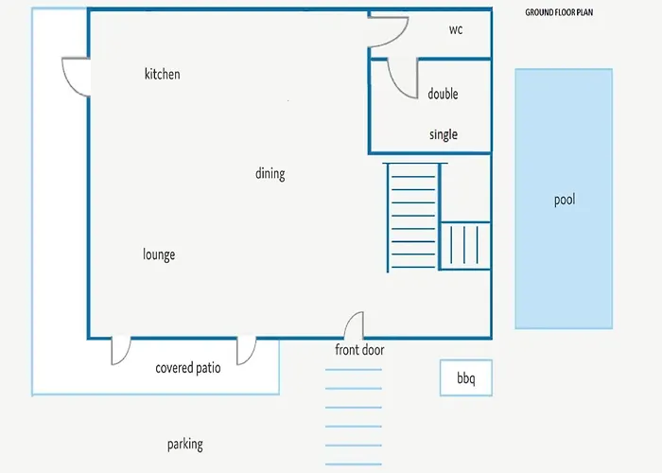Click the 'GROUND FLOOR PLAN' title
pyautogui.click(x=559, y=12)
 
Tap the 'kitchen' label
pyautogui.click(x=162, y=74)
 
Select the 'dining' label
pyautogui.click(x=270, y=173)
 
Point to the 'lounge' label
pyautogui.click(x=159, y=254)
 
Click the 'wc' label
pyautogui.click(x=456, y=29)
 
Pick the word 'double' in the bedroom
pyautogui.click(x=443, y=94)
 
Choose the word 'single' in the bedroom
pyautogui.click(x=444, y=134)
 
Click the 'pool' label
pyautogui.click(x=565, y=200)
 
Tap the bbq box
pyautogui.click(x=466, y=378)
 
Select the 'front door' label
pyautogui.click(x=359, y=350)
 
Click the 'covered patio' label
pyautogui.click(x=188, y=368)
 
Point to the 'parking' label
pyautogui.click(x=185, y=445)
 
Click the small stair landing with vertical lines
pyautogui.click(x=465, y=245)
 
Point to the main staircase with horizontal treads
pyautogui.click(x=413, y=217)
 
